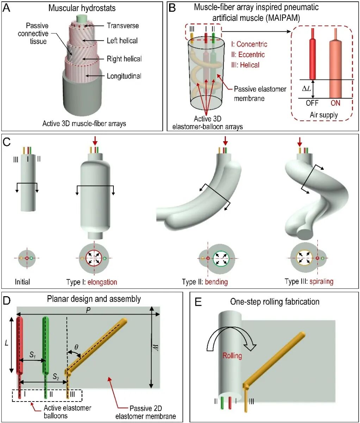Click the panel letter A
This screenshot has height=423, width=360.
coord(7,8)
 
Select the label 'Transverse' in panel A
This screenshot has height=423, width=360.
coord(123,26)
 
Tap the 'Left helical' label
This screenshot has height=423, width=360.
coord(122,41)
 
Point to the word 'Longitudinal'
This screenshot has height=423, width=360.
coord(124,76)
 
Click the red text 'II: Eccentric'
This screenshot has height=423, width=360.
coord(248,55)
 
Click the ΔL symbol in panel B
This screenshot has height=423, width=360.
coord(307,88)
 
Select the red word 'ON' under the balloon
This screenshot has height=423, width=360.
coord(335,103)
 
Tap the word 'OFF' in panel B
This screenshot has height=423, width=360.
coord(312,103)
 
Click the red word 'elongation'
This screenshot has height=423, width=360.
coord(102,282)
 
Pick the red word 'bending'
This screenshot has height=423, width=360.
coord(216,282)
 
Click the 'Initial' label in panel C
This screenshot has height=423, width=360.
coord(22,282)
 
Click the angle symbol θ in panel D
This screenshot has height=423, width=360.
coord(76,347)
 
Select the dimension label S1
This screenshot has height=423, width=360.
coord(32,355)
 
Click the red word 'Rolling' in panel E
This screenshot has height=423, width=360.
coord(232,355)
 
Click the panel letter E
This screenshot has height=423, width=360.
coord(198,302)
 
